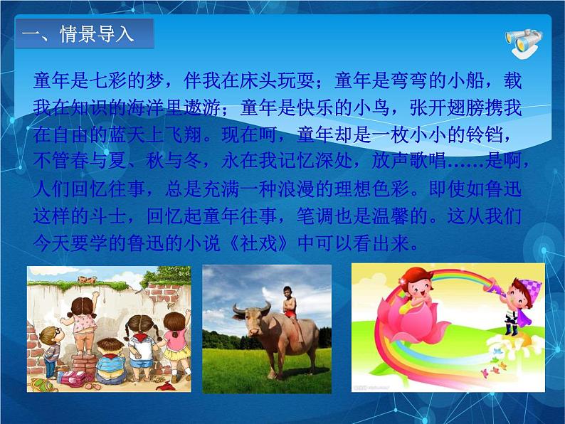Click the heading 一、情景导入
tap(84, 34)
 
